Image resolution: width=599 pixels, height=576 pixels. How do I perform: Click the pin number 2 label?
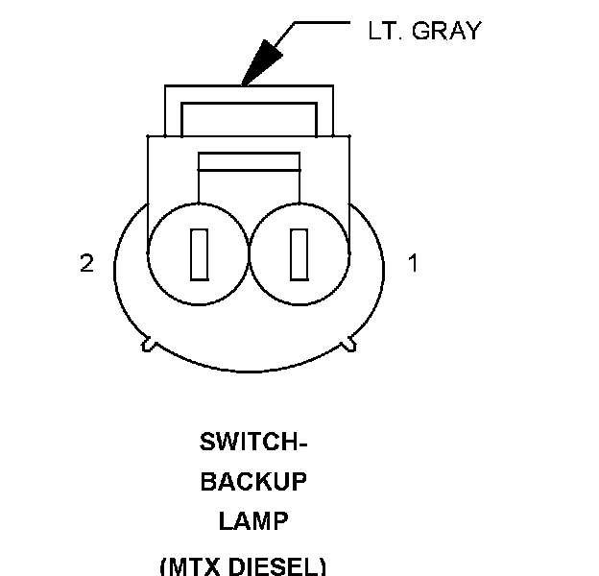click(x=86, y=263)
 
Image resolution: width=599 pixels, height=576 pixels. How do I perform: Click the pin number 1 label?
click(x=414, y=263)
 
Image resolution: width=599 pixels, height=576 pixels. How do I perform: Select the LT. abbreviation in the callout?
click(x=386, y=31)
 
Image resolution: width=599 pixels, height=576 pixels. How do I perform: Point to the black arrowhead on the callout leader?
click(x=258, y=66)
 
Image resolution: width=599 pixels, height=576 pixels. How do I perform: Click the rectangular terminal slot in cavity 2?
click(x=200, y=254)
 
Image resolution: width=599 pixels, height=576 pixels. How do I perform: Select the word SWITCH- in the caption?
click(x=252, y=443)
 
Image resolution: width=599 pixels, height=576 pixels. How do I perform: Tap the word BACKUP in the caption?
click(x=252, y=482)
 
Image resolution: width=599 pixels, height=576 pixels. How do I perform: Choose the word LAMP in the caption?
click(x=252, y=521)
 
